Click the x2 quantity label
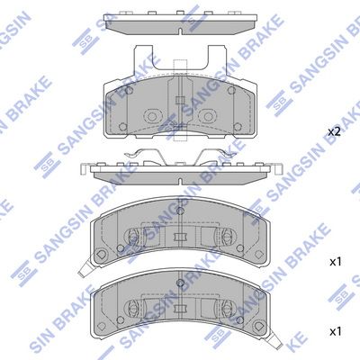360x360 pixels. coord(334,131)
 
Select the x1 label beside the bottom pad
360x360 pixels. coord(336,331)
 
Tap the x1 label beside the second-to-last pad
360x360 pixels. coord(336,262)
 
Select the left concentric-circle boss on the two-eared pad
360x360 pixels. coord(152,116)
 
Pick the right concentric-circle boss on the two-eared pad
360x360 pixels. coord(208,116)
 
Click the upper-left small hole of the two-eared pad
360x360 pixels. coord(130,90)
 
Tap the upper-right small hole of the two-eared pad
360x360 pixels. coord(231,90)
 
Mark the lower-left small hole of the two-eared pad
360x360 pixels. coord(122,127)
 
